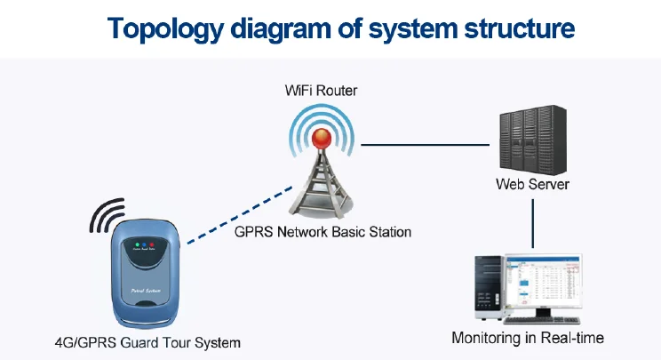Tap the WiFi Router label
pyautogui.click(x=322, y=91)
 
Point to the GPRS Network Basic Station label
pyautogui.click(x=323, y=232)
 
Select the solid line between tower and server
pyautogui.click(x=426, y=144)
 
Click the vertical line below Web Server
pyautogui.click(x=532, y=222)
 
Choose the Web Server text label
pyautogui.click(x=532, y=185)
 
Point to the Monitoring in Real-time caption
pyautogui.click(x=528, y=338)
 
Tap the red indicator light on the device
pyautogui.click(x=151, y=244)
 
